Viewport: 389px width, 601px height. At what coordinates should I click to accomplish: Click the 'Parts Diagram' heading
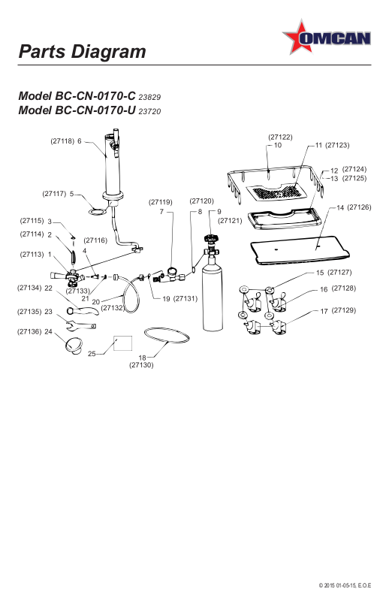click(x=83, y=51)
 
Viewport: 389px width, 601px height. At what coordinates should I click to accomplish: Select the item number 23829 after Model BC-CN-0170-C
click(x=149, y=97)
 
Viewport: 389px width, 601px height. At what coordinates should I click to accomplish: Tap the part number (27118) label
click(x=62, y=141)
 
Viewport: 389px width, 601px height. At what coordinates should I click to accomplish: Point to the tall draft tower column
click(x=112, y=165)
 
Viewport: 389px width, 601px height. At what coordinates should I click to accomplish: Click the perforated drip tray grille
click(x=276, y=192)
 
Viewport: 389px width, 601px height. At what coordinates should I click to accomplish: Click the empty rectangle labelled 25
click(x=123, y=343)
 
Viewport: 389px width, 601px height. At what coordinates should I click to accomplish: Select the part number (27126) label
click(x=359, y=207)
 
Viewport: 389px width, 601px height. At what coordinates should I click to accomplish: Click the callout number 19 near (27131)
click(x=166, y=298)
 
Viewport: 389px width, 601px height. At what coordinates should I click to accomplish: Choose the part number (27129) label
click(x=343, y=310)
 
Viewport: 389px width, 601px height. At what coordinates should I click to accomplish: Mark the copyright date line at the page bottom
click(x=345, y=585)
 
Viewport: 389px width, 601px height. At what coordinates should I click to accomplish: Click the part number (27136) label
click(x=29, y=331)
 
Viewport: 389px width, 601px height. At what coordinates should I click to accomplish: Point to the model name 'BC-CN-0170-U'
click(x=95, y=110)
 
